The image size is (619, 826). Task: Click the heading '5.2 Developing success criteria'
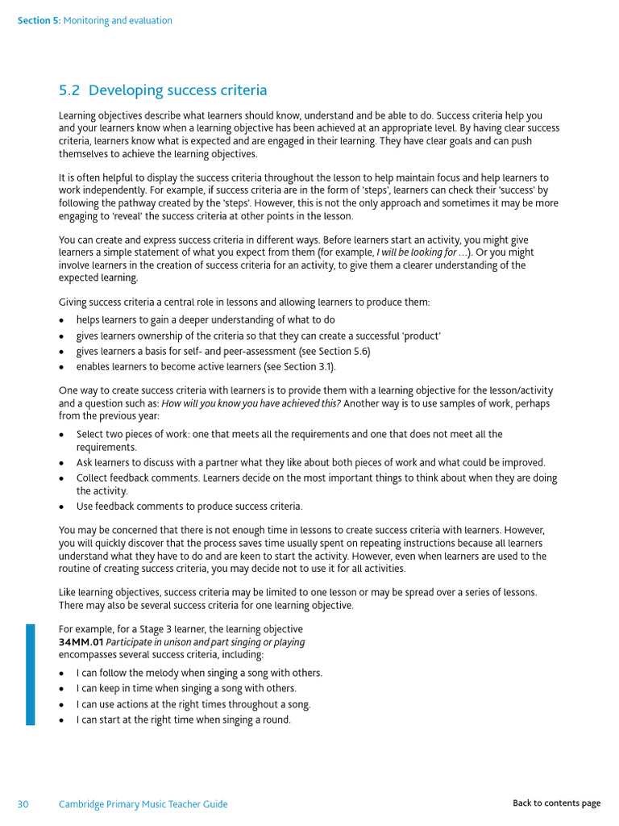click(163, 90)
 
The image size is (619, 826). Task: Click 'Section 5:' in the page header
click(38, 21)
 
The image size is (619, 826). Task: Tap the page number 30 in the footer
click(23, 803)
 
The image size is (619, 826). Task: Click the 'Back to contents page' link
click(556, 803)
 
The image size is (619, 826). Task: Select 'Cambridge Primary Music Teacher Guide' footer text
click(143, 803)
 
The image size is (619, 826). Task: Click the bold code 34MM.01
click(81, 642)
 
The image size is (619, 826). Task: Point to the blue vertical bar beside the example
click(31, 674)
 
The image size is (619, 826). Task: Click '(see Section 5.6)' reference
click(330, 352)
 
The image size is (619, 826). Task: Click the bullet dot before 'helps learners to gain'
click(63, 320)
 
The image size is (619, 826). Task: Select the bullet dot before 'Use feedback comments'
click(63, 507)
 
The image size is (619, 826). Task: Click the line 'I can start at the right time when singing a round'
click(183, 720)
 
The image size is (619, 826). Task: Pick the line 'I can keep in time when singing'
click(186, 688)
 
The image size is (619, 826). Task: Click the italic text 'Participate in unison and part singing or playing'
click(206, 642)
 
